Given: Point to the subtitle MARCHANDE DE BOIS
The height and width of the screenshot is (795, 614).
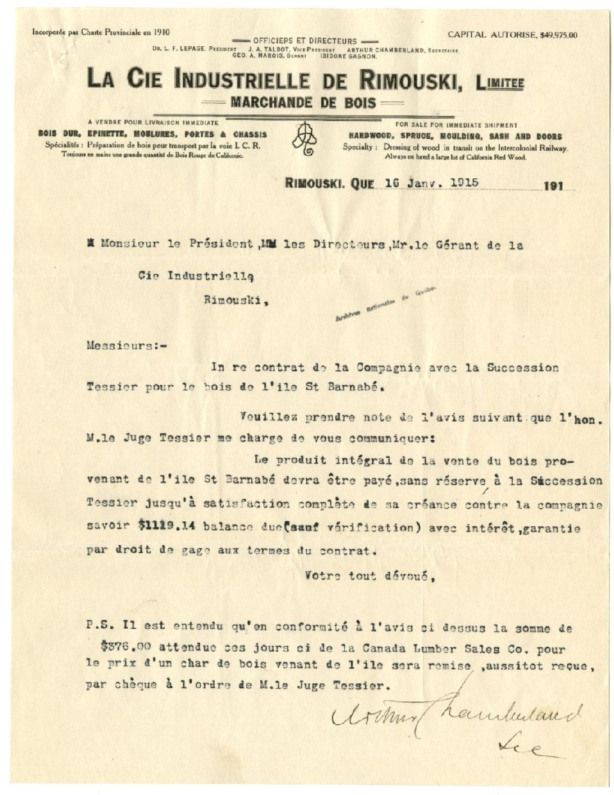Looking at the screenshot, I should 303,103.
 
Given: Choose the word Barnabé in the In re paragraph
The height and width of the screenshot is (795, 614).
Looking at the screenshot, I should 356,387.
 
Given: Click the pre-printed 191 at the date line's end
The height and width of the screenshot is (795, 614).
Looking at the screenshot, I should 555,186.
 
